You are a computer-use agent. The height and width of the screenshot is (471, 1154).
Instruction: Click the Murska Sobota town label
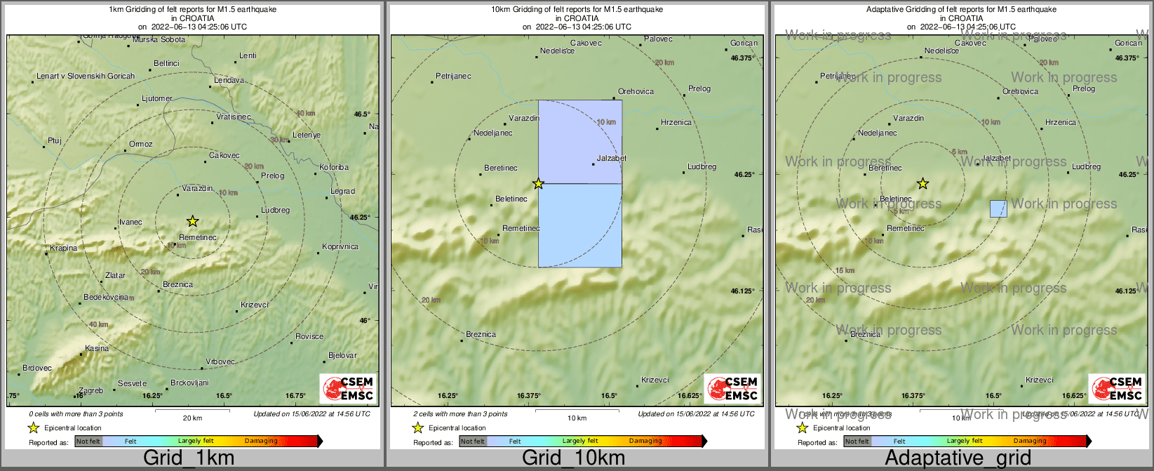159,40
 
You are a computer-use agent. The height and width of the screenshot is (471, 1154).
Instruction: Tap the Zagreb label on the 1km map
91,391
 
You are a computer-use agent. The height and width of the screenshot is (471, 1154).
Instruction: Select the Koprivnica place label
340,247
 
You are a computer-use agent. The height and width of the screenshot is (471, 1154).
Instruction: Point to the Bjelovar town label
342,356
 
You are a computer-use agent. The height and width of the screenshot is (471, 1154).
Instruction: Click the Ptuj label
55,141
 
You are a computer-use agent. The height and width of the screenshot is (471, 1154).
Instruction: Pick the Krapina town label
64,248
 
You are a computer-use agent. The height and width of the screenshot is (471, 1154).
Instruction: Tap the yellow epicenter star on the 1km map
193,221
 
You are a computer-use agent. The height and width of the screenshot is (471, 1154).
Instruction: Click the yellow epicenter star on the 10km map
538,184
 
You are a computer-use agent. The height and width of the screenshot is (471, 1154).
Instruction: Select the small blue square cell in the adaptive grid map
998,208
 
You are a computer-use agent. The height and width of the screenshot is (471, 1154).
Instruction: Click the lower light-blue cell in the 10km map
580,225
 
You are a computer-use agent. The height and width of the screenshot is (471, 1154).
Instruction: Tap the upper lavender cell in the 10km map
580,141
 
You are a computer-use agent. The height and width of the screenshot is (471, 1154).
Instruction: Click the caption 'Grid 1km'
189,458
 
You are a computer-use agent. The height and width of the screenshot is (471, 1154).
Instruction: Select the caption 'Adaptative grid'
958,458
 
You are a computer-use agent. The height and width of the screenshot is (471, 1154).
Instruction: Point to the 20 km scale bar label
192,418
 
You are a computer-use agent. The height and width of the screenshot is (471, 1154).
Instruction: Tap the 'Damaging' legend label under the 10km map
645,442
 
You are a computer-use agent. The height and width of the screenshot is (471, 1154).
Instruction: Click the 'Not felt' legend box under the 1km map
88,442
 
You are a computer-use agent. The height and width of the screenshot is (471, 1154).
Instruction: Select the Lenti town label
248,56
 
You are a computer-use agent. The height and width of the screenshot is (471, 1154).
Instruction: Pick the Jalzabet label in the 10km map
611,159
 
